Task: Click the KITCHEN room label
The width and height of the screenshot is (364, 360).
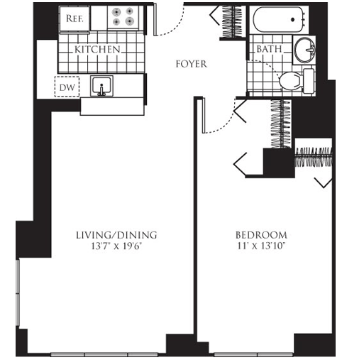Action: [x=97, y=49]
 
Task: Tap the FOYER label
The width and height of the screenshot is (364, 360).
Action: [x=192, y=64]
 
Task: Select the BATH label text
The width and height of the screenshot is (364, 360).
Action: [x=270, y=49]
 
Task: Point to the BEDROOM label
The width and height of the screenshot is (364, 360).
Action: [x=261, y=235]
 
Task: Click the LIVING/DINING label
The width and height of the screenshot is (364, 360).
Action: [x=116, y=235]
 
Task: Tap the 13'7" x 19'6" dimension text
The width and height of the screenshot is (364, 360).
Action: [x=116, y=246]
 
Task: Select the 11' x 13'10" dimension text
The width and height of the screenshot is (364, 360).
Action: [x=261, y=246]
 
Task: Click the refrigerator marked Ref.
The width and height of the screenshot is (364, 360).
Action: [x=75, y=18]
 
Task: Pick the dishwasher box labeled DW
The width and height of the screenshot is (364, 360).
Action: [x=67, y=87]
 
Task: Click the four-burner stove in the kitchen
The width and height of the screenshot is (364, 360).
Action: [x=123, y=17]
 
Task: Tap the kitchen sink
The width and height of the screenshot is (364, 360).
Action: [x=101, y=86]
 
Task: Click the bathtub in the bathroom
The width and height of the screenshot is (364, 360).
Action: [x=279, y=20]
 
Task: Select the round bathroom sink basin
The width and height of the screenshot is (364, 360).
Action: [x=304, y=50]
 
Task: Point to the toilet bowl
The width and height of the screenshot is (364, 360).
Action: [x=291, y=81]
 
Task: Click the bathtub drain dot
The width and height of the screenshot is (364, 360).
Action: [x=293, y=20]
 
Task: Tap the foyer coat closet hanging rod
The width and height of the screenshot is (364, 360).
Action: [x=233, y=22]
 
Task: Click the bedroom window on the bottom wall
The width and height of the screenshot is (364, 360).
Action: [x=253, y=354]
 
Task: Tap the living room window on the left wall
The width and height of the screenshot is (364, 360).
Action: [x=17, y=293]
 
